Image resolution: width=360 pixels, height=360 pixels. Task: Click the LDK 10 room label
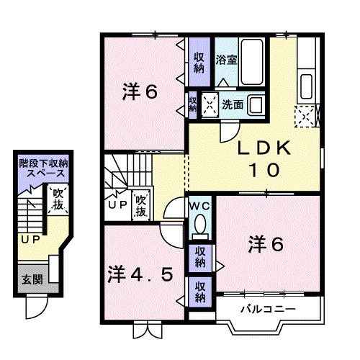point(264,159)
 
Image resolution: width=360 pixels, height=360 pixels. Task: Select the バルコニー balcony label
point(267,310)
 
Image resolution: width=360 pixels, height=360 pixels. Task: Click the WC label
point(199,206)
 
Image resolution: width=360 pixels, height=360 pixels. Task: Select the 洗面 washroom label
point(232,104)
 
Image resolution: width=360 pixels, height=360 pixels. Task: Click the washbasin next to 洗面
point(256,104)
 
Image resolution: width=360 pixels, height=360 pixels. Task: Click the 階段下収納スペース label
point(43,168)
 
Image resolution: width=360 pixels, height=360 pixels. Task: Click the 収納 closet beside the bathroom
point(199,62)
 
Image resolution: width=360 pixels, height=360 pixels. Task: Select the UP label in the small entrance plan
point(30,239)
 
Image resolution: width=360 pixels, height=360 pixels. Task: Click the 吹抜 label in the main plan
point(140,206)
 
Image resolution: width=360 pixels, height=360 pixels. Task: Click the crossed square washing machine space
point(210,104)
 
